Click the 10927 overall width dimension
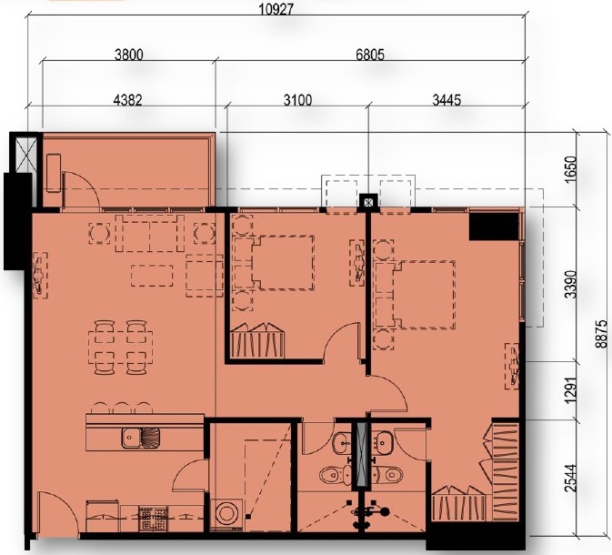(x=276, y=9)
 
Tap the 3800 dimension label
(x=129, y=55)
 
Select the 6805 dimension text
(x=370, y=55)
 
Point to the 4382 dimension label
(x=127, y=100)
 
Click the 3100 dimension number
(x=297, y=100)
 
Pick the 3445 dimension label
(x=446, y=100)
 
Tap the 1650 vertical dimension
(x=571, y=169)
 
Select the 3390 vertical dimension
(x=571, y=284)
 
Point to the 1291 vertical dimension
(x=571, y=390)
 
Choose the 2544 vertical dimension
(x=571, y=478)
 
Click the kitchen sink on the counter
(x=141, y=438)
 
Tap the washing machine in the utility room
(x=226, y=514)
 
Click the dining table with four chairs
(x=120, y=348)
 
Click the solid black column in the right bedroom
(x=494, y=227)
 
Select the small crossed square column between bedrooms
(x=368, y=202)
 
